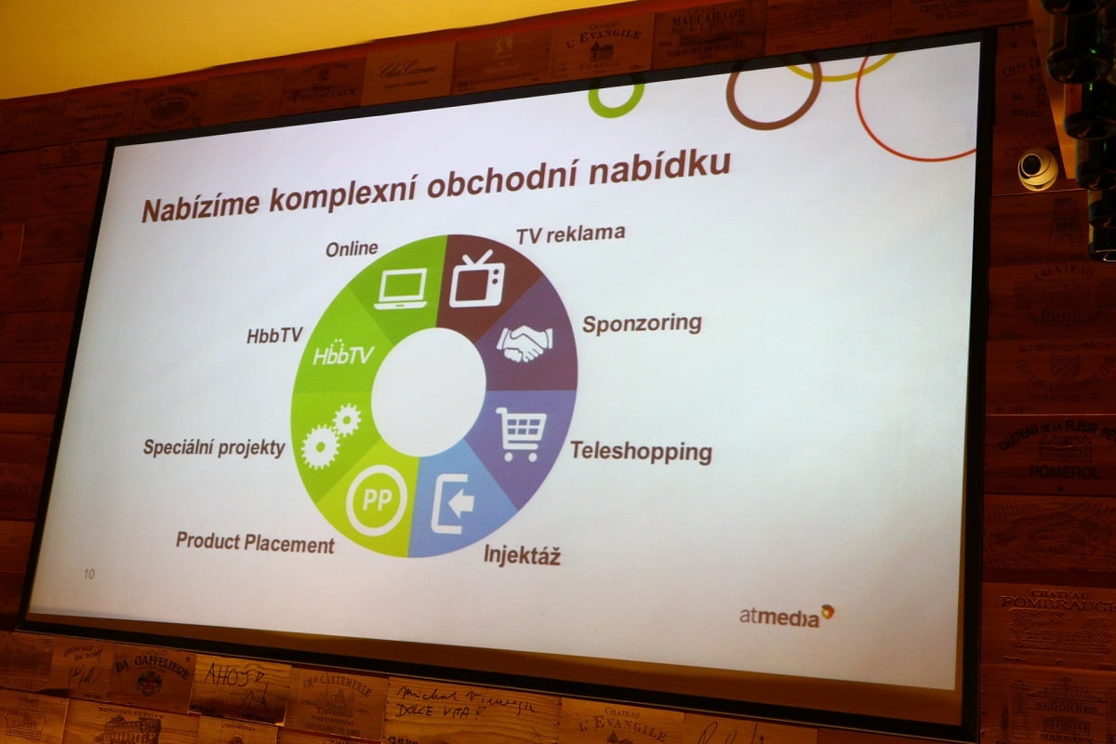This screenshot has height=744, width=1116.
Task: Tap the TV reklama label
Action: (x=570, y=233)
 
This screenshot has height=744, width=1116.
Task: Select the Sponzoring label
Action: (x=642, y=324)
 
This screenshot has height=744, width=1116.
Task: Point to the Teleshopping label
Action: (x=641, y=452)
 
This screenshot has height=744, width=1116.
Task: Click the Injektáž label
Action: (x=522, y=557)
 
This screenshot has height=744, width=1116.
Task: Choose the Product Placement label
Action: (x=255, y=542)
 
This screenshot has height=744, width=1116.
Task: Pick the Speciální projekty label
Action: (x=214, y=447)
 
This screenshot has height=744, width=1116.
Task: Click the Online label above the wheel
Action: (x=352, y=248)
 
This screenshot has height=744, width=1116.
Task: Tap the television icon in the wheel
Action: (x=476, y=279)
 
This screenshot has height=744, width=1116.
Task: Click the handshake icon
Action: (x=524, y=342)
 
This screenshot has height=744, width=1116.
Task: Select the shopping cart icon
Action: (x=521, y=432)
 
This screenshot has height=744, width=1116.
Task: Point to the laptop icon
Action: (x=401, y=288)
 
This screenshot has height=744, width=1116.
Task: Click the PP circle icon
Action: (x=377, y=500)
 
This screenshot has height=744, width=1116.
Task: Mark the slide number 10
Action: (x=89, y=574)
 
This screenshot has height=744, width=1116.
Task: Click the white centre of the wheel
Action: (x=426, y=392)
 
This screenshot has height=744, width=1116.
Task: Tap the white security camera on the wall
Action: (x=1037, y=168)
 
